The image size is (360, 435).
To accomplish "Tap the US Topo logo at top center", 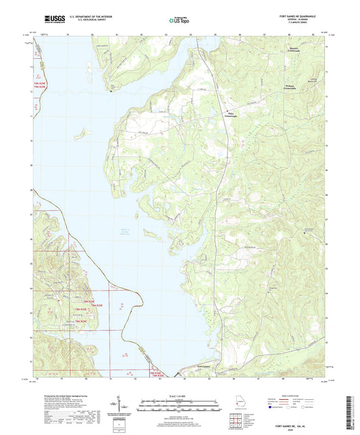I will tap(179, 21).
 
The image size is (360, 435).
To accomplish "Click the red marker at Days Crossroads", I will tap(227, 111).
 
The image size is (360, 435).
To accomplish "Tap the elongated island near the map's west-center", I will tap(152, 234).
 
